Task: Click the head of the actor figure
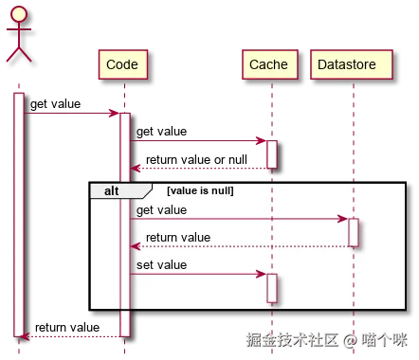(18, 14)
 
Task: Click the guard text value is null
(200, 190)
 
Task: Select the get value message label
(162, 209)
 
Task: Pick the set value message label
(161, 264)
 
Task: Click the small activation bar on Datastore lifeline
(353, 232)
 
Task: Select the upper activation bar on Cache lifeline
(271, 153)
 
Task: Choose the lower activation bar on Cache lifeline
(271, 288)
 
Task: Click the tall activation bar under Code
(125, 224)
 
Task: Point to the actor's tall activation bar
(18, 213)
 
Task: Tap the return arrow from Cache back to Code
(199, 169)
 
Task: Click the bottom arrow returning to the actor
(71, 336)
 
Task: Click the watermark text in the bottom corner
(328, 338)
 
